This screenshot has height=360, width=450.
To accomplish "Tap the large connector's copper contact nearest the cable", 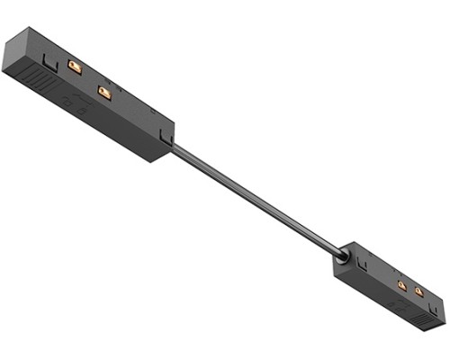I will click(x=104, y=93).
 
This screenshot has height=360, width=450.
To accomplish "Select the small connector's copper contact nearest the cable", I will click(x=401, y=286).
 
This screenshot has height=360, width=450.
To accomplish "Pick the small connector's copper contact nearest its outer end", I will click(x=419, y=292).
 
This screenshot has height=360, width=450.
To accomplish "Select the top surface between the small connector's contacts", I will click(x=410, y=289).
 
